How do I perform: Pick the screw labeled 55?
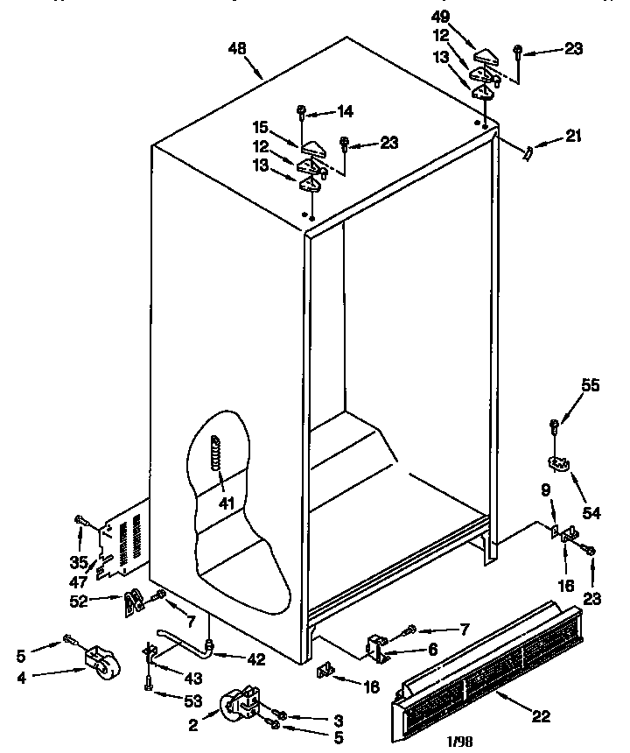554,428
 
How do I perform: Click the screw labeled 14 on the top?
302,111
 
